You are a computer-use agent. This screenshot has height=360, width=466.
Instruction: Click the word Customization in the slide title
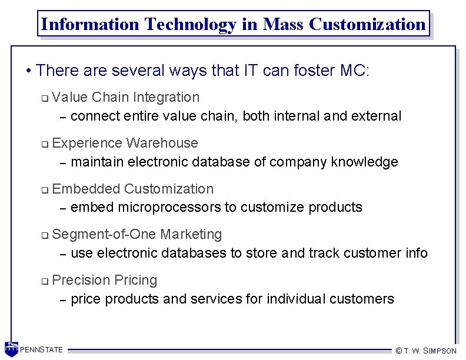coord(367,24)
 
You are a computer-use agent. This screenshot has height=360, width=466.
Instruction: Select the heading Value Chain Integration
coord(126,97)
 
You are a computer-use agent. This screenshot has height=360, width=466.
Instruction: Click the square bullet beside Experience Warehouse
coord(45,144)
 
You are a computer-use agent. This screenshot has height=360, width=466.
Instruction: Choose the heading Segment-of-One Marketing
coord(137,234)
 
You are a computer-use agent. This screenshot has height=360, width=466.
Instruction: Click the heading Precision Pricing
coord(105,280)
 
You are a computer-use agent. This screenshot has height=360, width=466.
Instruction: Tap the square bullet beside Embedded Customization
coord(45,190)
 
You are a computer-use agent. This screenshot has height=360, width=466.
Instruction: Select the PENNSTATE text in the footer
coord(42,350)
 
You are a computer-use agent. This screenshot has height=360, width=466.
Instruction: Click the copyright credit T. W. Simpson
coord(426,351)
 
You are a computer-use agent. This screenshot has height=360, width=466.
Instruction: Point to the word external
coord(376,116)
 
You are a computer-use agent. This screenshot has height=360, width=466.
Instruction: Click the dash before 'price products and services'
coord(63,299)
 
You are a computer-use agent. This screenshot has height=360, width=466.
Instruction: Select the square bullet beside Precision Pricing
coord(45,281)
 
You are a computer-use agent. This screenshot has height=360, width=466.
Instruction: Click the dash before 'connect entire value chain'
coord(63,116)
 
